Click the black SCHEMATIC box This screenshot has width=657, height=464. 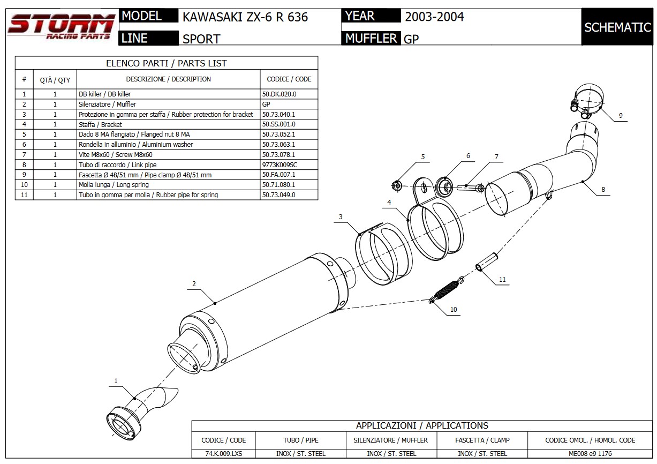pyautogui.click(x=617, y=27)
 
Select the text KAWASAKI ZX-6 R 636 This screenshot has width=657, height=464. pyautogui.click(x=245, y=17)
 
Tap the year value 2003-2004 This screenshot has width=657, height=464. pyautogui.click(x=434, y=17)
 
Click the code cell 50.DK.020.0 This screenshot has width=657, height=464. pyautogui.click(x=279, y=94)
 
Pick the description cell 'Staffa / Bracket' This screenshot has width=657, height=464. pyautogui.click(x=101, y=124)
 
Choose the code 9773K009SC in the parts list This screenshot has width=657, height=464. pyautogui.click(x=280, y=164)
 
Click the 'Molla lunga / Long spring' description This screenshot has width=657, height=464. pyautogui.click(x=114, y=185)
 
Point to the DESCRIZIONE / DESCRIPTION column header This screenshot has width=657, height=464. pyautogui.click(x=168, y=79)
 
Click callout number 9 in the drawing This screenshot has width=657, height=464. pyautogui.click(x=621, y=115)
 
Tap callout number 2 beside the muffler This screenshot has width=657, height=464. pyautogui.click(x=194, y=283)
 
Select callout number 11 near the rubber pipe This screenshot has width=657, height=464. pyautogui.click(x=502, y=279)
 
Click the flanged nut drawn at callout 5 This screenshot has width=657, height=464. pyautogui.click(x=397, y=186)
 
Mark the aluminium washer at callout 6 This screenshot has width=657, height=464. pyautogui.click(x=444, y=186)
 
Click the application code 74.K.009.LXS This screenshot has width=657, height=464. pyautogui.click(x=223, y=454)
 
